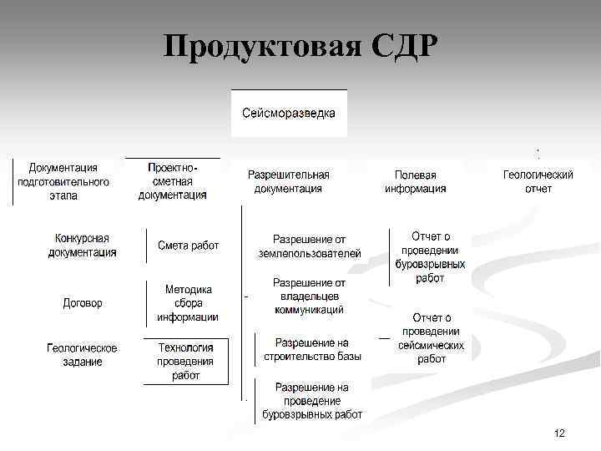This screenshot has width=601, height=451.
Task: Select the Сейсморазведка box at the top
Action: click(x=289, y=112)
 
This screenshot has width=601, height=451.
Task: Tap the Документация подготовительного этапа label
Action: click(x=63, y=181)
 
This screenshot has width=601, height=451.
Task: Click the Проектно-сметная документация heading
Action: click(x=173, y=181)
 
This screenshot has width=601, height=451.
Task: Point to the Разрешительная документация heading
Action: click(x=289, y=181)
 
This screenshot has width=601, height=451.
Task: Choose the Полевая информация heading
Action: click(x=415, y=181)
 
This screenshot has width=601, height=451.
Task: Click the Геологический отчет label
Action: click(x=538, y=181)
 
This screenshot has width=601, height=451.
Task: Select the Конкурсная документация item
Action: click(x=82, y=246)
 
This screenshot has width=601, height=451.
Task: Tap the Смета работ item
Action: click(x=188, y=246)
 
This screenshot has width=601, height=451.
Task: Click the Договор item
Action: click(x=83, y=303)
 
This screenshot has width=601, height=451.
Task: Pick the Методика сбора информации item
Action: click(x=188, y=303)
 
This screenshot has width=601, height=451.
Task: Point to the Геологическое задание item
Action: click(x=82, y=355)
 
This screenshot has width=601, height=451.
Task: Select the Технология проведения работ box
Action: click(x=186, y=362)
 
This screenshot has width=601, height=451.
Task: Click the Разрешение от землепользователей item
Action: click(x=310, y=246)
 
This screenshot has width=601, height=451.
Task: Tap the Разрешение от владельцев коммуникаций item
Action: click(x=309, y=296)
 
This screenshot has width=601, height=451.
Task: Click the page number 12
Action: click(x=559, y=433)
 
